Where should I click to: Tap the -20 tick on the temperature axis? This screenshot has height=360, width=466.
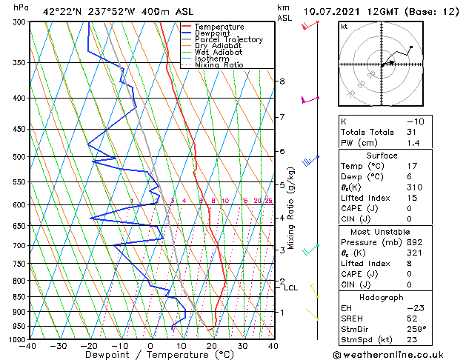tap(89, 345)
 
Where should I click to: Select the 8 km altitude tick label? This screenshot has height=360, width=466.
tap(282, 81)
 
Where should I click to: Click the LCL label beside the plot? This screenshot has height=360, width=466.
tap(291, 288)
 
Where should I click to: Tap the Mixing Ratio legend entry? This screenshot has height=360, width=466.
tap(219, 65)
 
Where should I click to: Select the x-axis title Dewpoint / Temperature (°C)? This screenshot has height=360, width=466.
tap(151, 355)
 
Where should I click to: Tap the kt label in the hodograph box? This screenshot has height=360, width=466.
tap(344, 26)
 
